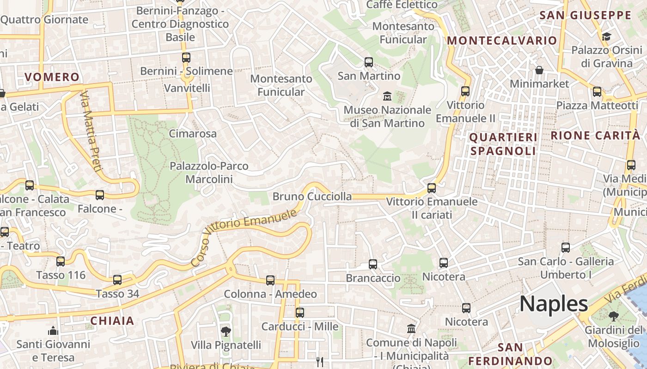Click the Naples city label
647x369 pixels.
tap(554, 304)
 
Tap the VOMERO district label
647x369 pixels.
tap(52, 77)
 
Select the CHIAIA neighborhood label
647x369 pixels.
tap(112, 321)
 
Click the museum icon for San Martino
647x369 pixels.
tap(387, 96)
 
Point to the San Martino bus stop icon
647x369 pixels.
tap(368, 62)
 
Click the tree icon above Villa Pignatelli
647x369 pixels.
tap(226, 331)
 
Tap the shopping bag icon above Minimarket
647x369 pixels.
tap(539, 70)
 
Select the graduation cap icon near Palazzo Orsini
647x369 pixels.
tap(606, 36)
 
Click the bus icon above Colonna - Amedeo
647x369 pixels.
tap(270, 280)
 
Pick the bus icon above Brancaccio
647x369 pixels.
tap(372, 264)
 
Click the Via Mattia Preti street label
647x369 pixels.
tap(90, 131)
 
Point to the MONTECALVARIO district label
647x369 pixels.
tap(502, 41)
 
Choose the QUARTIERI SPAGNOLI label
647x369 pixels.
tap(503, 144)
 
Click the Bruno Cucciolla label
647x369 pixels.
tap(312, 196)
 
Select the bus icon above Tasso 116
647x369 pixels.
tap(61, 262)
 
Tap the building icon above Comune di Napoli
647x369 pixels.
tap(411, 328)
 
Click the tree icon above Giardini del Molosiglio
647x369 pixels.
tap(613, 316)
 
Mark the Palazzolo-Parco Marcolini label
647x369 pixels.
tap(209, 172)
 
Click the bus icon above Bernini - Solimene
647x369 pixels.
tap(186, 58)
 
